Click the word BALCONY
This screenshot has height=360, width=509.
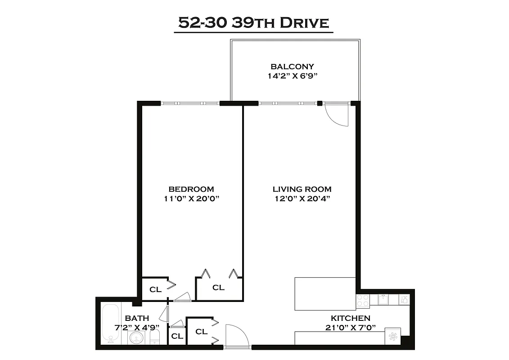coord(296,67)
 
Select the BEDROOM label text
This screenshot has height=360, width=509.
coord(191,189)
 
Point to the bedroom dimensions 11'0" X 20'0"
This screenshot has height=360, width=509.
coord(191,198)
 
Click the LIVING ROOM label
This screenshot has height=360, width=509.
coord(302,189)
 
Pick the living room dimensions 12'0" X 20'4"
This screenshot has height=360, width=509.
coord(302,198)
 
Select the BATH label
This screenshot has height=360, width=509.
coord(137,318)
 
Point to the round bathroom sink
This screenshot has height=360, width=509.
coord(135,338)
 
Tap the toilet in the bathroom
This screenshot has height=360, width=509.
coord(155,337)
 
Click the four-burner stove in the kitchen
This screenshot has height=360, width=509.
coord(363,301)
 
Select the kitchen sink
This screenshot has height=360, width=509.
coord(383,299)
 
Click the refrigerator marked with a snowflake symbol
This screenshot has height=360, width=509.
coord(393,336)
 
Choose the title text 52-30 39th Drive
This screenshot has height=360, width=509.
coord(254,22)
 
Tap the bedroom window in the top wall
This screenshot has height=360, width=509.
coord(190,103)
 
